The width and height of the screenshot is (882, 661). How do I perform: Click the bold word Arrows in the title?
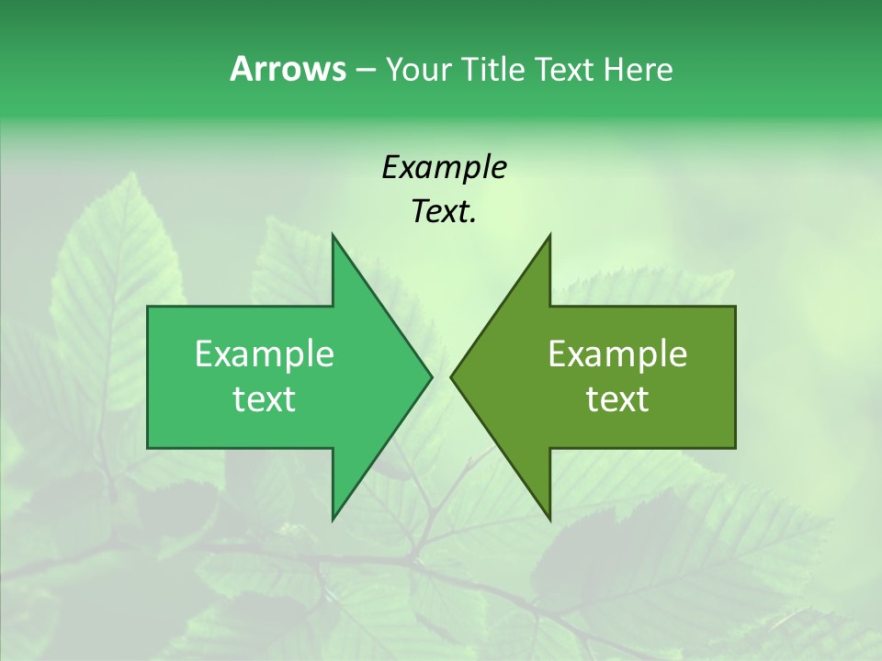pyautogui.click(x=288, y=69)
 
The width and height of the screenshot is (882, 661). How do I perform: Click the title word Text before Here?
pyautogui.click(x=565, y=70)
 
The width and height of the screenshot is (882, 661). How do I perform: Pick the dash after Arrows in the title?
pyautogui.click(x=365, y=70)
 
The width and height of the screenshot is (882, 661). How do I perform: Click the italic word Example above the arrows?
pyautogui.click(x=444, y=167)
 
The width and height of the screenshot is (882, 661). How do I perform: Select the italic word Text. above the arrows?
pyautogui.click(x=444, y=212)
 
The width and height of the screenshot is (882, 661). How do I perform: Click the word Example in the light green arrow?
pyautogui.click(x=265, y=354)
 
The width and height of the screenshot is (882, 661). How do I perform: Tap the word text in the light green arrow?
pyautogui.click(x=265, y=399)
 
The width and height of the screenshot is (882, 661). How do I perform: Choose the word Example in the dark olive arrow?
pyautogui.click(x=617, y=354)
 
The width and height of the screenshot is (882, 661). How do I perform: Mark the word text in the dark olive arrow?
pyautogui.click(x=617, y=399)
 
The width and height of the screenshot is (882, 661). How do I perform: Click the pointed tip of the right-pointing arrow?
pyautogui.click(x=430, y=376)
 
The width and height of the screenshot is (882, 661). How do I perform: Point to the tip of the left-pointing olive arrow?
pyautogui.click(x=452, y=376)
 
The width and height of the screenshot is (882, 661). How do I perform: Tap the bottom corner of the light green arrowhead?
pyautogui.click(x=334, y=517)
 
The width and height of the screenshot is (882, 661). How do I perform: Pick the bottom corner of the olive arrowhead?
pyautogui.click(x=549, y=517)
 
